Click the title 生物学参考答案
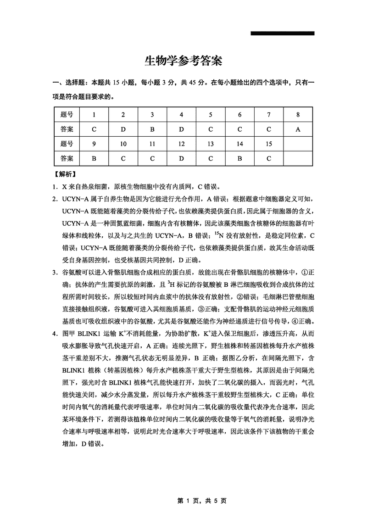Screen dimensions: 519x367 coord(183,61)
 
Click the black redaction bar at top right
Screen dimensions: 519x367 coord(283,33)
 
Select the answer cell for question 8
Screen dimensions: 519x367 coord(298,129)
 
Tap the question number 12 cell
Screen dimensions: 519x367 coord(181,144)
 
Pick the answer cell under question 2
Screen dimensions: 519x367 coord(123,129)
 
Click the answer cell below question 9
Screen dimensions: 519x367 coord(94,158)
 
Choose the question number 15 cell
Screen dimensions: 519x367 coord(269,144)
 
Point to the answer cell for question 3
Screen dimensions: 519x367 coord(152,129)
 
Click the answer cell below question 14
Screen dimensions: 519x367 coord(239,158)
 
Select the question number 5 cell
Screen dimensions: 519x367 coord(211,114)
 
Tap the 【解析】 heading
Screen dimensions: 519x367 coord(65,174)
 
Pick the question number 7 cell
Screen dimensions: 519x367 coord(269,114)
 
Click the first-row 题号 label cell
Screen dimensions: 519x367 coord(67,114)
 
